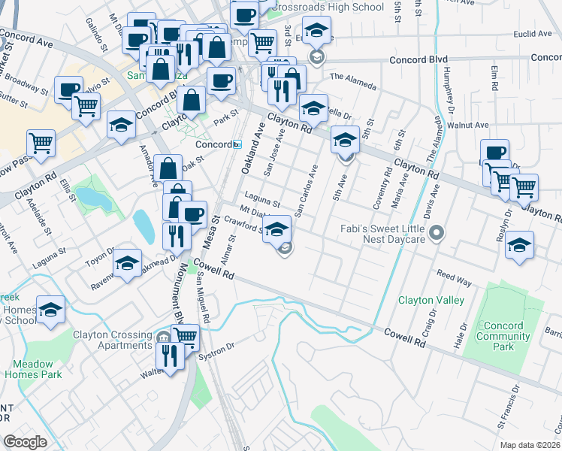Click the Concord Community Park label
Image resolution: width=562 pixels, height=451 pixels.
[x=505, y=337]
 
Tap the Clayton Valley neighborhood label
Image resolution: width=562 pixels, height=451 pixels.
[x=431, y=300]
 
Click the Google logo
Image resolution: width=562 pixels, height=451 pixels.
[x=25, y=441]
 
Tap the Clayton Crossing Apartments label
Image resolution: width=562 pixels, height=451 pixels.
[x=113, y=340]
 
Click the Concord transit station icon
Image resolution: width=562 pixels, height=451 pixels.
[x=237, y=144]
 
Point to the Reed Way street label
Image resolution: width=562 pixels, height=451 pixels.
[x=454, y=280]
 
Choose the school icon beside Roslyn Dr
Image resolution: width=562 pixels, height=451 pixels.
[x=519, y=246]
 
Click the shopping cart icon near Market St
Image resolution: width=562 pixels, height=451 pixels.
[x=41, y=142]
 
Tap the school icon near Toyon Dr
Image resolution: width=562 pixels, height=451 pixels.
[x=128, y=264]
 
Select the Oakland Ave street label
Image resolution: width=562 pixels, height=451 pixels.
[x=251, y=150]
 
